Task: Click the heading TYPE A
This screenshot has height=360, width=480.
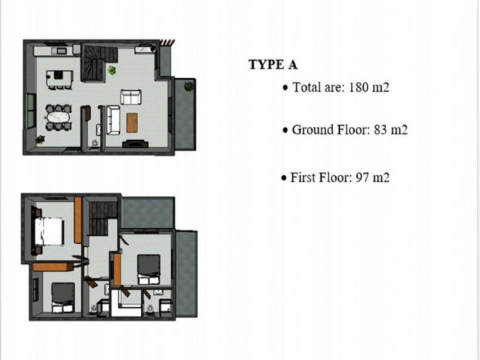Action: [273, 65]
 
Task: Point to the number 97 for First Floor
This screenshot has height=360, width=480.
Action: [362, 178]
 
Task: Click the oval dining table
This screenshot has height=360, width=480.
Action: [58, 118]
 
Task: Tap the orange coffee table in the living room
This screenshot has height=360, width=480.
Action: [132, 123]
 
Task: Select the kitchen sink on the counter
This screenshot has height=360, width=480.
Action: [62, 51]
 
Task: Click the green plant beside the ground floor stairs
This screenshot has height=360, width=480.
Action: [112, 70]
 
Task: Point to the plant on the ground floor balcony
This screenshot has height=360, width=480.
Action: [189, 86]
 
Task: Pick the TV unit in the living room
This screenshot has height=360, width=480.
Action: [135, 144]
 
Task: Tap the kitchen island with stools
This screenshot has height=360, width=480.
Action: [59, 79]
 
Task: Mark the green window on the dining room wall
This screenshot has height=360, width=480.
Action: [32, 110]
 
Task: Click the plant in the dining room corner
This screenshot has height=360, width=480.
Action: [40, 139]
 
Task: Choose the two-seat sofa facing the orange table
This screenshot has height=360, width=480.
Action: [131, 97]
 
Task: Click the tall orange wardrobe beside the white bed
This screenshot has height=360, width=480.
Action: [78, 220]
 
